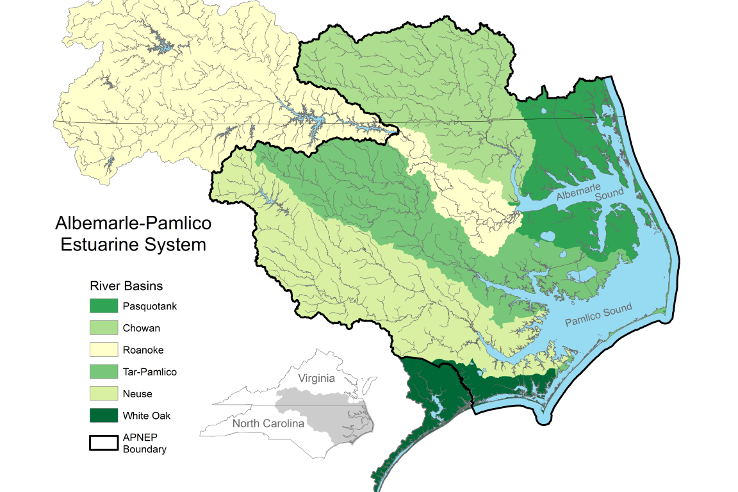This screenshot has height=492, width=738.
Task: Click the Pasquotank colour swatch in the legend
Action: [x=104, y=306]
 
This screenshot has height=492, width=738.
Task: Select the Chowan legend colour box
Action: [x=104, y=328]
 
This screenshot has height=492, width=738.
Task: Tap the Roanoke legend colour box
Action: [x=104, y=350]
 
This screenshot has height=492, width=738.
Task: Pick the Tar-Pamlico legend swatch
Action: [x=104, y=372]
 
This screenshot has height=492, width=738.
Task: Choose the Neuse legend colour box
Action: [x=104, y=393]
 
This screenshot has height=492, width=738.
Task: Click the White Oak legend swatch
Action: [x=104, y=415]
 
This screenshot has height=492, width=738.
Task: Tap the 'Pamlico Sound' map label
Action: [x=598, y=314]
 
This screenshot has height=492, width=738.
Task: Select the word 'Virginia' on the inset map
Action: [x=316, y=378]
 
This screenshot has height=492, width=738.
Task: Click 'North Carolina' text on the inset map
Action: [x=268, y=423]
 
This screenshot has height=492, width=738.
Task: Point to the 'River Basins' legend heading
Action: [x=126, y=286]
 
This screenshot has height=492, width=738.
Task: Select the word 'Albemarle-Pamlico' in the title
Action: [x=133, y=224]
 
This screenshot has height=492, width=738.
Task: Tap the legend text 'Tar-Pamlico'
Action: [x=149, y=372]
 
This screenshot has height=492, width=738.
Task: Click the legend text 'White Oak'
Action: [x=147, y=415]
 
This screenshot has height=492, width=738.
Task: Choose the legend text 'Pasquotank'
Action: [x=149, y=306]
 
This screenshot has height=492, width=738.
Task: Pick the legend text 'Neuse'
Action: [x=137, y=393]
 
